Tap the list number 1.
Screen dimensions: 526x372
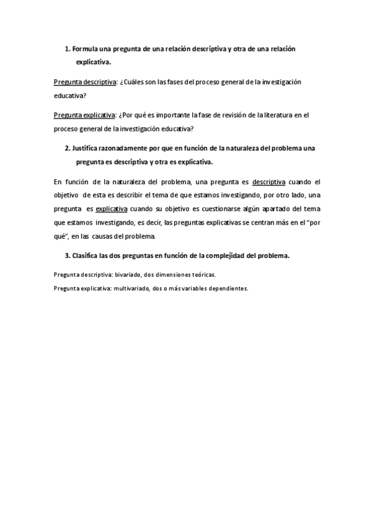(x=67, y=49)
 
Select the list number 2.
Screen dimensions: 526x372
(x=67, y=149)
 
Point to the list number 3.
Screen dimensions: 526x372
(x=67, y=256)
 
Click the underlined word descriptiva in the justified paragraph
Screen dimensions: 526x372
(x=269, y=182)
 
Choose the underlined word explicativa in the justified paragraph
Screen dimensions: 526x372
(x=112, y=210)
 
